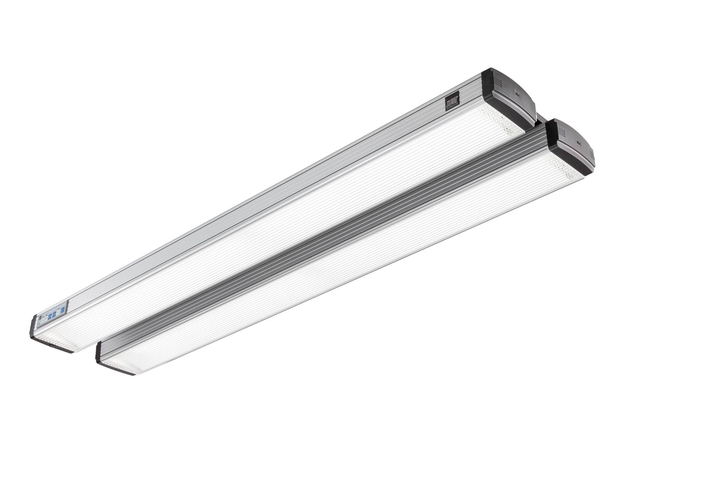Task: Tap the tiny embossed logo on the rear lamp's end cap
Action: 517,94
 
